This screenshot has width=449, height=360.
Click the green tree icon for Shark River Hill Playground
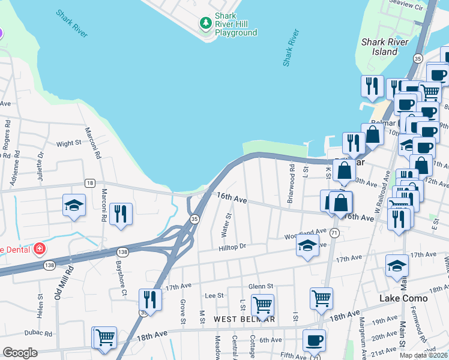206,23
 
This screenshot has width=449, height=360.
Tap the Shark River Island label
385,47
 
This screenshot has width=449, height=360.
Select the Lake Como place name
403,298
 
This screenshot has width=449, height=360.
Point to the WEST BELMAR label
245,319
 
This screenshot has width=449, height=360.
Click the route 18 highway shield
89,183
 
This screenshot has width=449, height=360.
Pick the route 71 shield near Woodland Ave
334,232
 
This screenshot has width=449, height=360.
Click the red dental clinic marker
39,248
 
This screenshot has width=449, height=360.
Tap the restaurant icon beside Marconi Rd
121,214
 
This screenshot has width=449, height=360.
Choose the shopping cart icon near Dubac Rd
105,337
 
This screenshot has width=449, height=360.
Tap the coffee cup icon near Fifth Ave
313,341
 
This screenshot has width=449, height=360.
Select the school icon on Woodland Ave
307,245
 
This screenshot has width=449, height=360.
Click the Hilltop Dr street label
233,247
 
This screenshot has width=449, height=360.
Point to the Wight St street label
68,143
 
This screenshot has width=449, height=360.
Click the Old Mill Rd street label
59,283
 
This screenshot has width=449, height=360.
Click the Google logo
20,353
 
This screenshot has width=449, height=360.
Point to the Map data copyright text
423,355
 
